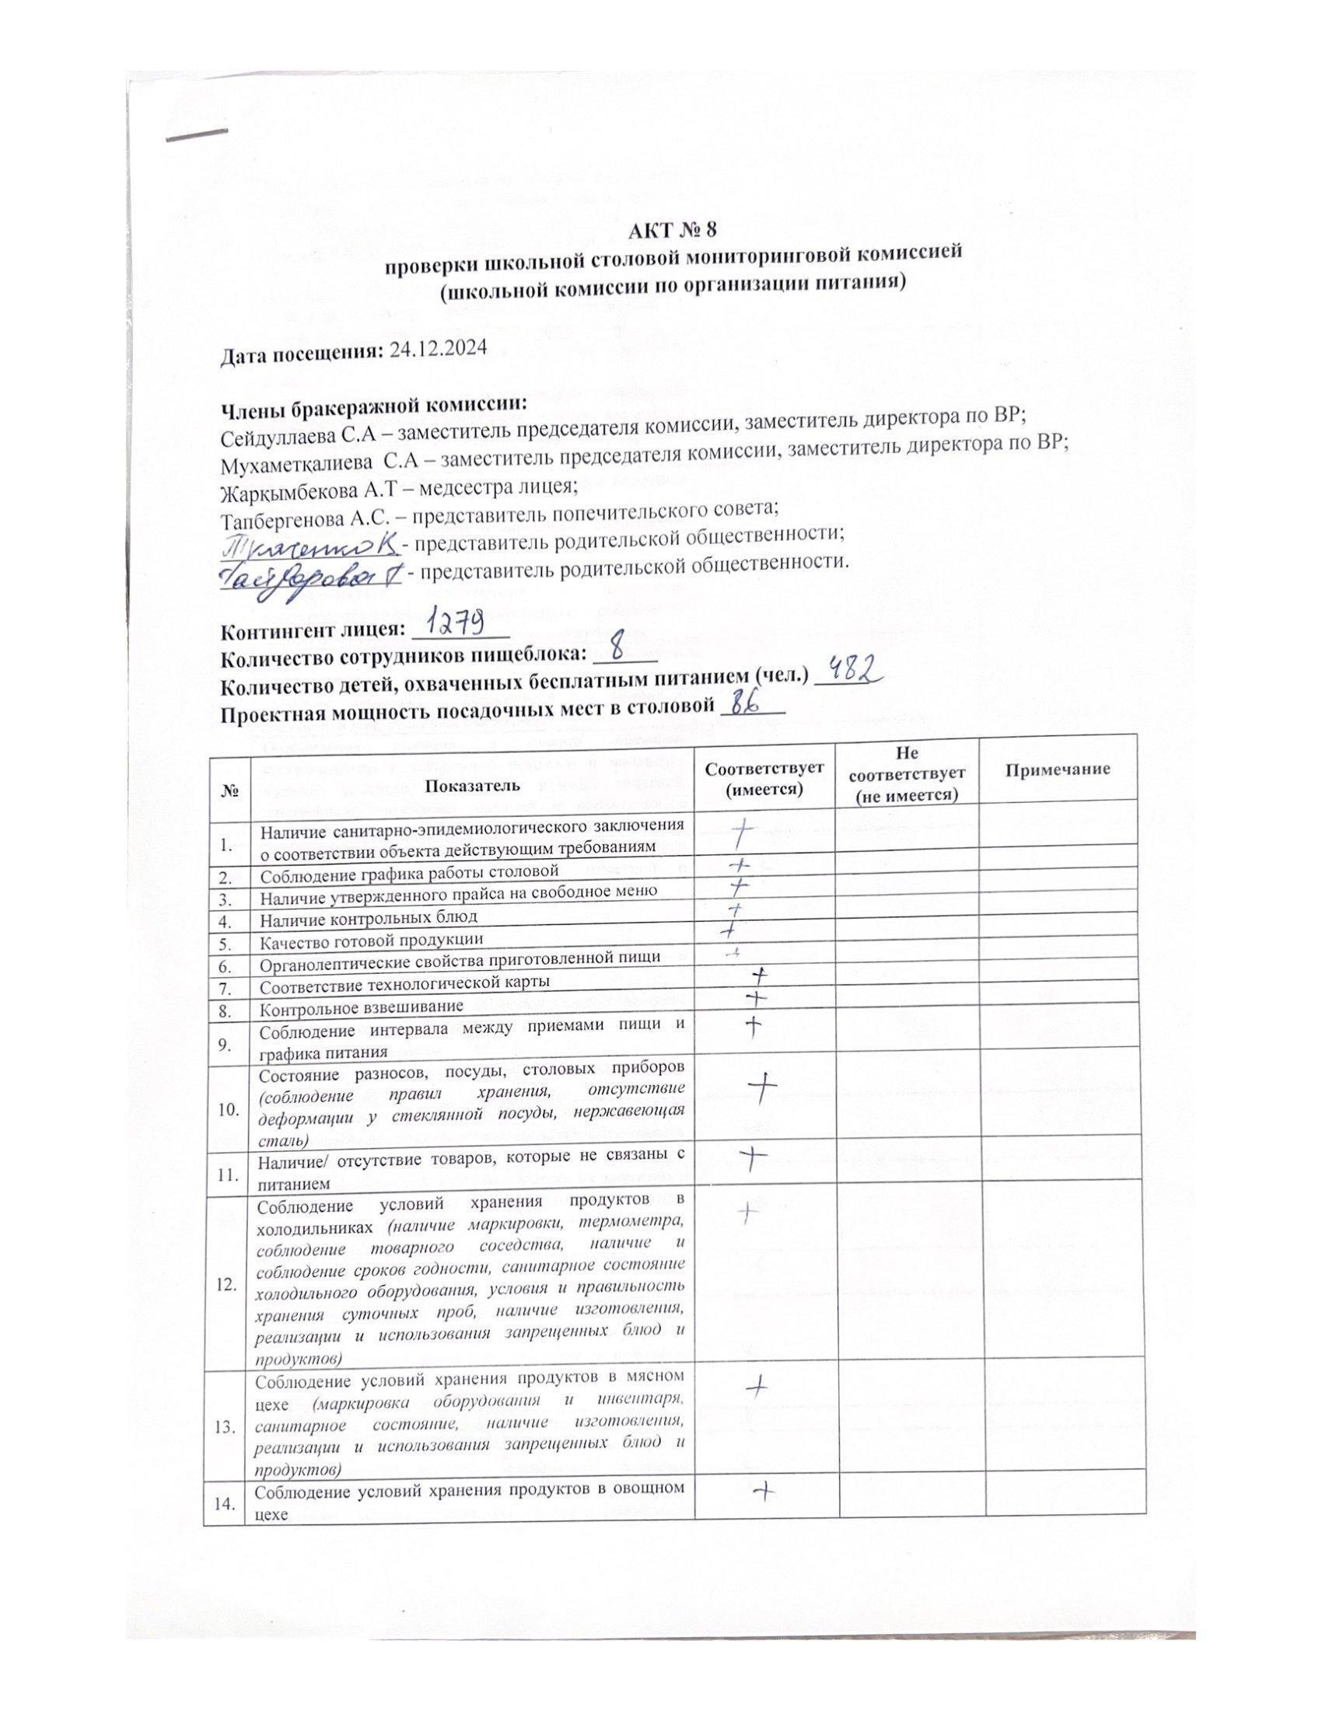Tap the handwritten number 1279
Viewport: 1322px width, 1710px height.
pos(461,625)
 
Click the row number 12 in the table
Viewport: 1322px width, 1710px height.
pos(227,1284)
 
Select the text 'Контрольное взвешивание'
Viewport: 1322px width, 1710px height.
pos(362,1006)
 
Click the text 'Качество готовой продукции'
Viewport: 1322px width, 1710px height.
pos(371,939)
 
